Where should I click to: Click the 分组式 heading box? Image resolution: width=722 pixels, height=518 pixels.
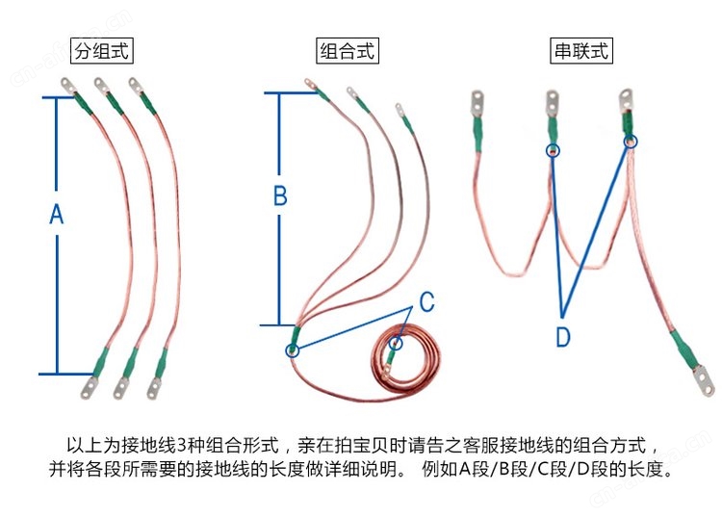coord(102,51)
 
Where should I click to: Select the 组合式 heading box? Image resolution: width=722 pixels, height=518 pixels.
coord(348,51)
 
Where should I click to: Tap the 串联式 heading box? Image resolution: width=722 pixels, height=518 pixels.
coord(581,51)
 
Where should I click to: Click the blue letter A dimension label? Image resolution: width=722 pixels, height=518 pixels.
coord(57,214)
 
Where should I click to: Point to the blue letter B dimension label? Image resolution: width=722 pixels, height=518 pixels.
coord(280,195)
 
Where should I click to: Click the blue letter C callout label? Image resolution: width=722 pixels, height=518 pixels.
coord(426,301)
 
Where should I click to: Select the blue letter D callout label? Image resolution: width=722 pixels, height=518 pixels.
coord(563,337)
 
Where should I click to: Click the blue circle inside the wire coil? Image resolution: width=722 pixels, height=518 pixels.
coord(396,343)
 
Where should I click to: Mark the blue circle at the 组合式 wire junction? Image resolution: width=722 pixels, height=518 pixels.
coord(293,350)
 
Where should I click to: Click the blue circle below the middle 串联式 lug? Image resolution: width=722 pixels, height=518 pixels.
coord(553,150)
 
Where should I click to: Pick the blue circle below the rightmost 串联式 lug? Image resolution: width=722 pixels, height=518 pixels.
coord(631,142)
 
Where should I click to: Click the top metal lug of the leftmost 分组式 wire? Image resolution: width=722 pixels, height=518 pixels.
coord(69,86)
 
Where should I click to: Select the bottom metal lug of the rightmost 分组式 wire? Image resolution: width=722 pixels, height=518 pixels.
coord(154,388)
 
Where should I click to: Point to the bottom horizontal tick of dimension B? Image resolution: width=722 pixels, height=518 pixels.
coord(279,325)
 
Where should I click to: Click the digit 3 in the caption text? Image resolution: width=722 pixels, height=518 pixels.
coord(181,445)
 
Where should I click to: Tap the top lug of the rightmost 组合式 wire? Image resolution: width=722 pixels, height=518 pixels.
coord(400,110)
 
